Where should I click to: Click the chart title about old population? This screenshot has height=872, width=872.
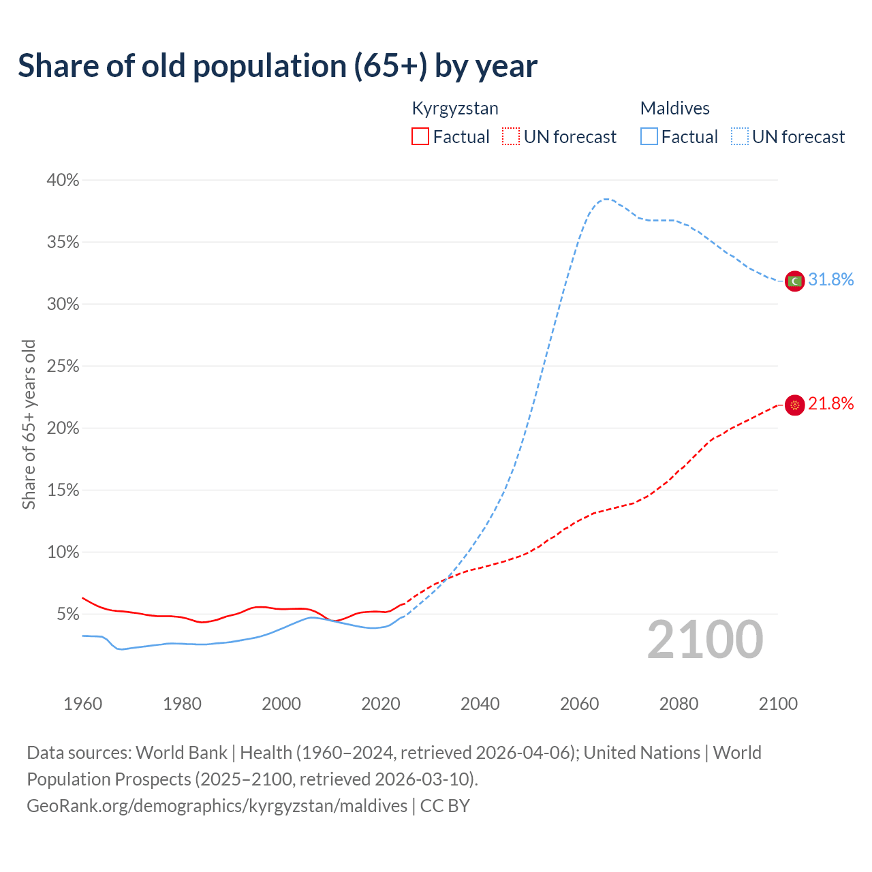[277, 66]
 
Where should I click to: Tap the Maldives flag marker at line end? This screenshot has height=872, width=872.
[794, 281]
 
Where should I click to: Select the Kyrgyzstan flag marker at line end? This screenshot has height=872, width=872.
[794, 405]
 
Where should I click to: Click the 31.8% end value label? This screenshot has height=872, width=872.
[830, 280]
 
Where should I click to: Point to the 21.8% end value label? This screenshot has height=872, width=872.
[830, 404]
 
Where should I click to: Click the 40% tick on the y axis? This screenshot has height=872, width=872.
[63, 181]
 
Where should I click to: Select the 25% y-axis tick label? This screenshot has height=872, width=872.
[63, 367]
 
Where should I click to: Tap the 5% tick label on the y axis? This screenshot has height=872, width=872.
[67, 614]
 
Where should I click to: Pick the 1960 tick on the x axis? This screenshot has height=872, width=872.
[82, 704]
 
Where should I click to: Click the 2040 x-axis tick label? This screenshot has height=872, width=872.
[480, 704]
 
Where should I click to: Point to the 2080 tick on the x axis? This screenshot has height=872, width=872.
[679, 704]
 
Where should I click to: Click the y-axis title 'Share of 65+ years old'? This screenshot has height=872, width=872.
[29, 424]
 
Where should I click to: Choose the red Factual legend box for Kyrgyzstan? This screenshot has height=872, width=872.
[420, 137]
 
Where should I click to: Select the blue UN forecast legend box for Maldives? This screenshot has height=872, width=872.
[740, 137]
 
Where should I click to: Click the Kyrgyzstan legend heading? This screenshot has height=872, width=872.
[455, 108]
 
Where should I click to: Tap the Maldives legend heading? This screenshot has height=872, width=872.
[674, 108]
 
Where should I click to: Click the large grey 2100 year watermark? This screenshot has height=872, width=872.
[704, 640]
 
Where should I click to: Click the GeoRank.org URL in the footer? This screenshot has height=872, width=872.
[217, 806]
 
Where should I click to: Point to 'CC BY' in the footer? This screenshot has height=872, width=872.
[445, 806]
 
